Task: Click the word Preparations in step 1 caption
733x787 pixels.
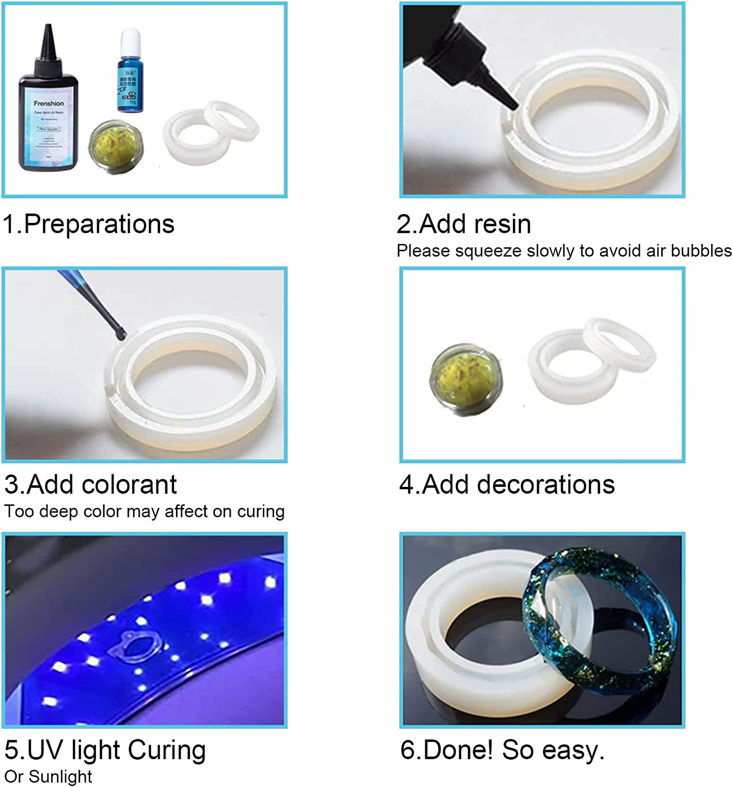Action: click(99, 224)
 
